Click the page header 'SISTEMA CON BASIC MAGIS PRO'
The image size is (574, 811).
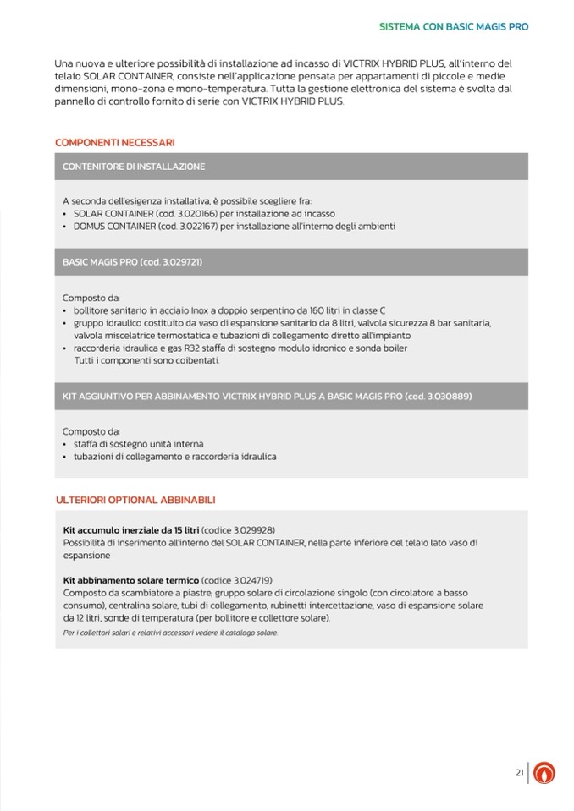click(453, 26)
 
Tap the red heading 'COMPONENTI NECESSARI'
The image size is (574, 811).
click(115, 142)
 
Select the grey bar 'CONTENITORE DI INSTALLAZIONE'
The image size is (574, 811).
click(134, 167)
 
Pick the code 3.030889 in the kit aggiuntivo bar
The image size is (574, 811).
click(445, 396)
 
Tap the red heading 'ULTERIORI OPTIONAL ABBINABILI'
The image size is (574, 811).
click(135, 500)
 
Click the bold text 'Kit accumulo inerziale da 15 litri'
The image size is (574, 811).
click(131, 529)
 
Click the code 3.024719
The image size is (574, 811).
click(246, 580)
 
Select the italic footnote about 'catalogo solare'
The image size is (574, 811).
click(169, 633)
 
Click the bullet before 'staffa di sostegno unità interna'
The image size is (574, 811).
click(65, 444)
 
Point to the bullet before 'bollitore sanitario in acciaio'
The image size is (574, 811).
click(65, 311)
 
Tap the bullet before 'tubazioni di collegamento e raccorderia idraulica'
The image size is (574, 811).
click(65, 457)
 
